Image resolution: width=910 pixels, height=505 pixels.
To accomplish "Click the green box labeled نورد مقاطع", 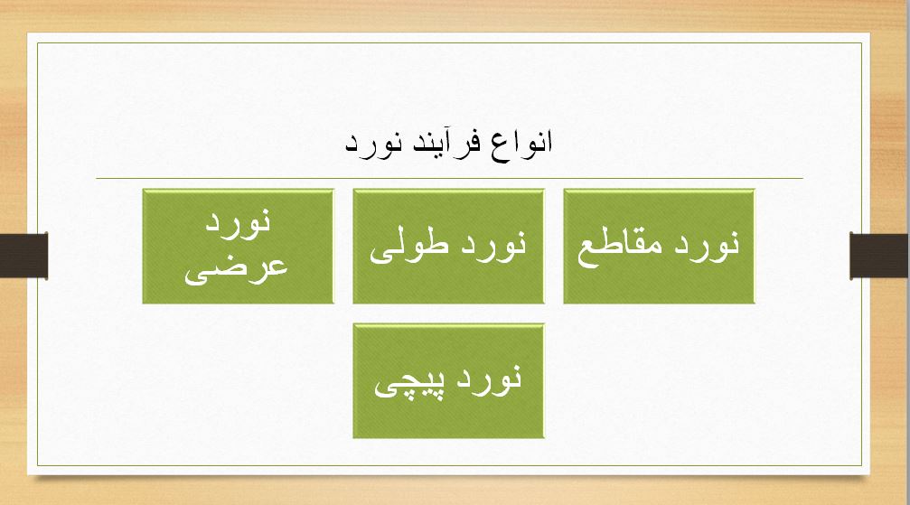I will click(659, 246).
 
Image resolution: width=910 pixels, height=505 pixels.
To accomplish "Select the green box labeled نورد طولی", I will click(448, 246).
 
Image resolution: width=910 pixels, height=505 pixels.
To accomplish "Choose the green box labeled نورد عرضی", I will click(238, 246).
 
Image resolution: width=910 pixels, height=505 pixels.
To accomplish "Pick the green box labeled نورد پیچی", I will click(448, 381).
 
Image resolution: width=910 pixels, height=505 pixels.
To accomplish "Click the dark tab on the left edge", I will click(23, 254).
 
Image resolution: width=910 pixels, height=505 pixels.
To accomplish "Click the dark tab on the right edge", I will click(879, 254).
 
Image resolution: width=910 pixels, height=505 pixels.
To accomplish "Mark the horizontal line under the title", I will click(449, 178).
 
